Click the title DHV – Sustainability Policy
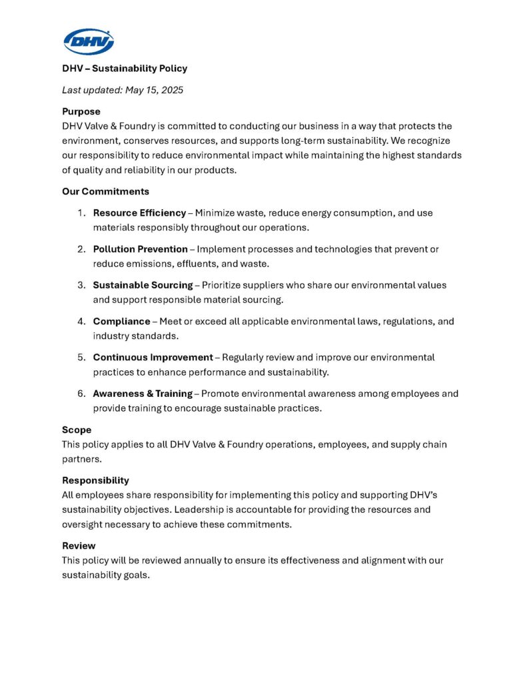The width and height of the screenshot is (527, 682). tap(125, 68)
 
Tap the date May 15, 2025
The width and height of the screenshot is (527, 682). tap(154, 90)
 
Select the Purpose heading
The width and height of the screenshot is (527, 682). tap(81, 112)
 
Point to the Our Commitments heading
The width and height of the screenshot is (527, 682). tap(105, 191)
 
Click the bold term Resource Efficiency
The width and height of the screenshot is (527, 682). tap(139, 213)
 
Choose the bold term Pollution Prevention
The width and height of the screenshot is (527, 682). tap(140, 249)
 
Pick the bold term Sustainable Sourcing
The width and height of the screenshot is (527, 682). tap(143, 285)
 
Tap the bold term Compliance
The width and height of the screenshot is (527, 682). tap(121, 321)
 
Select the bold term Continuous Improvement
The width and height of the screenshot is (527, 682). tap(153, 358)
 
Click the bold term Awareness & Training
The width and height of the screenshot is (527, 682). tap(142, 394)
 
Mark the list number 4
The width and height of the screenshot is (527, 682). tap(80, 321)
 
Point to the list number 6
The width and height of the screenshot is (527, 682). tap(80, 394)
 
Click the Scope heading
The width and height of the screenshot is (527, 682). tap(77, 430)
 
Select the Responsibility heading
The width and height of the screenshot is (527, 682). tap(95, 480)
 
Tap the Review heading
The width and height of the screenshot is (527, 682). tap(79, 545)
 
